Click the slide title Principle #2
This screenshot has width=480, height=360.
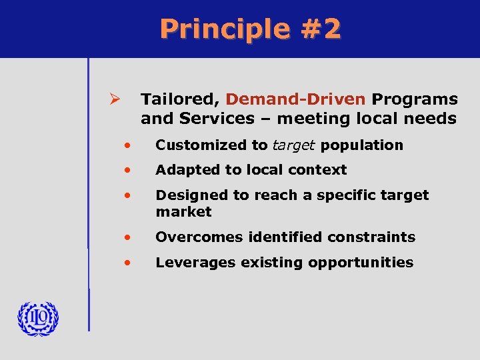(x=250, y=29)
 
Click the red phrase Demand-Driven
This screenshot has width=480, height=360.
(x=295, y=99)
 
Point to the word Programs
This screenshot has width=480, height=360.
(x=415, y=99)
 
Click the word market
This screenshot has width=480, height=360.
(x=183, y=212)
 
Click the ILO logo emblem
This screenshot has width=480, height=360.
(x=38, y=319)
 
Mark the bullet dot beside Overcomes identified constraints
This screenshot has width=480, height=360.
(x=126, y=237)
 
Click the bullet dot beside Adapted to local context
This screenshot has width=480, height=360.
(x=126, y=170)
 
